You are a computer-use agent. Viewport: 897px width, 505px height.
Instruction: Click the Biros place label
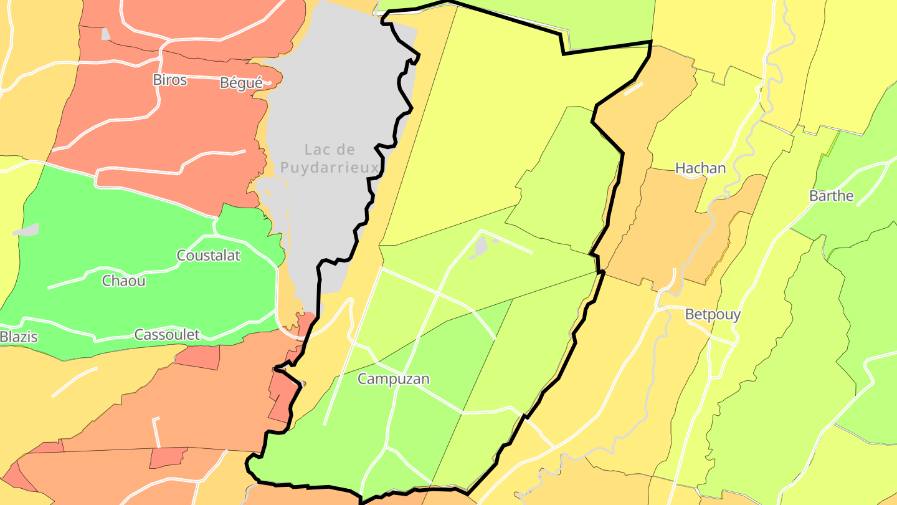(x=169, y=80)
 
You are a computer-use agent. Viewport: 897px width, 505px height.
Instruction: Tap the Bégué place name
(x=241, y=83)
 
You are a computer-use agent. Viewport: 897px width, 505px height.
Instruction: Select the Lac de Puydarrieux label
(x=330, y=158)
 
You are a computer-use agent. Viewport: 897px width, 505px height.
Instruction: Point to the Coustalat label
(x=209, y=256)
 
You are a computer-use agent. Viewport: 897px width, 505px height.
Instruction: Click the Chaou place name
(x=124, y=281)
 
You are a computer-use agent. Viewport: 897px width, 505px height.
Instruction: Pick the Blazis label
(x=19, y=337)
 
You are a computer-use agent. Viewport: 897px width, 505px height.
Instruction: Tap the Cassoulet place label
(x=167, y=335)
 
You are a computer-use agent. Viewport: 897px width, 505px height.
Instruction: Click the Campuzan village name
(x=394, y=379)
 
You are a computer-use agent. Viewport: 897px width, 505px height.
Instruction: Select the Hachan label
(x=701, y=168)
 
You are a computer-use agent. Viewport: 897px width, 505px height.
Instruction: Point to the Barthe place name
(x=831, y=196)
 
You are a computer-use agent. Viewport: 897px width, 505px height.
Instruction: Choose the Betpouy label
(x=713, y=314)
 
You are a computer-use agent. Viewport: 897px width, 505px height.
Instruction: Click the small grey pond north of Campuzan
(x=481, y=247)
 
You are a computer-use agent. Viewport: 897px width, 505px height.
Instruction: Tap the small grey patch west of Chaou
(x=26, y=230)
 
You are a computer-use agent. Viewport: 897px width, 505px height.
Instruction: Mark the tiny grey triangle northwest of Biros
(x=106, y=34)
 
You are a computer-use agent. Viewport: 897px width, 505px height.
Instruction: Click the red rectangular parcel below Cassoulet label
(x=197, y=357)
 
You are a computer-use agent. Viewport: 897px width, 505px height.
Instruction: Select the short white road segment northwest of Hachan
(x=634, y=89)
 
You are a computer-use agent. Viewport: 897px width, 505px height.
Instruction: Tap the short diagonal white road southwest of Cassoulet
(x=75, y=382)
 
